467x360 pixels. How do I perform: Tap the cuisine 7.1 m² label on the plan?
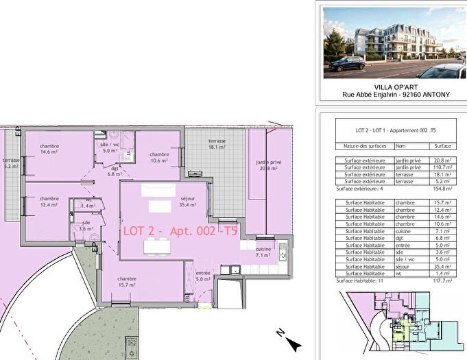click(x=264, y=252)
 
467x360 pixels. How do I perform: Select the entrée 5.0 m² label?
click(x=203, y=276)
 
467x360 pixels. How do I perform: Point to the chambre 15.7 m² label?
click(x=127, y=282)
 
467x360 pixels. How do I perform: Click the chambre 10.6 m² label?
click(x=159, y=158)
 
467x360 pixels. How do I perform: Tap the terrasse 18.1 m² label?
click(x=217, y=143)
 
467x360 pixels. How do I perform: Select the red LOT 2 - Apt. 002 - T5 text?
click(x=180, y=231)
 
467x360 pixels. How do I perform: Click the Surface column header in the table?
click(x=443, y=147)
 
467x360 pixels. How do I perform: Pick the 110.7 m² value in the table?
click(x=443, y=167)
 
